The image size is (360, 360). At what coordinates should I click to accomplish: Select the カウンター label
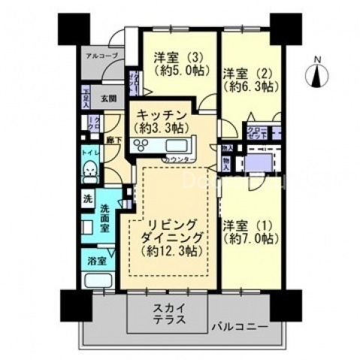178,160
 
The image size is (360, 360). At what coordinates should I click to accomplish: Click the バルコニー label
243,327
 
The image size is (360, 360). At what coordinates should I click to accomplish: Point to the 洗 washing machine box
88,201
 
